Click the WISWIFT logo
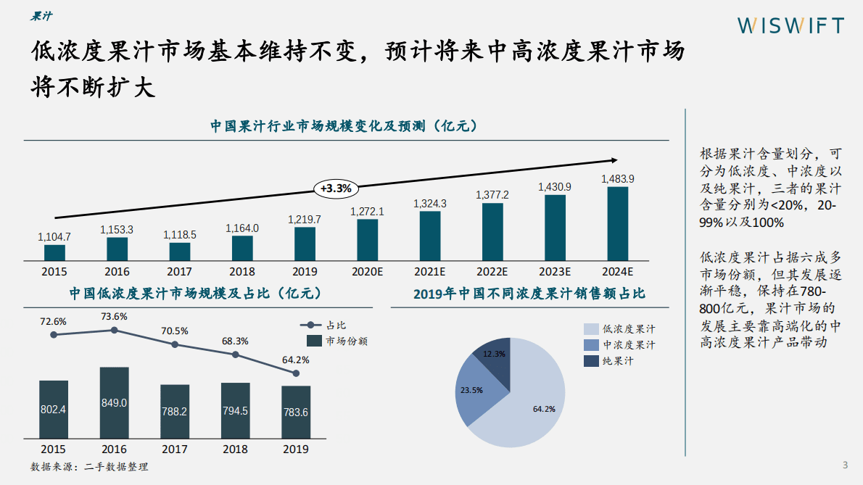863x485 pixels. pyautogui.click(x=790, y=25)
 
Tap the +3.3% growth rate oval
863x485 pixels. pyautogui.click(x=336, y=188)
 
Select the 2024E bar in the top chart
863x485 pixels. pyautogui.click(x=617, y=223)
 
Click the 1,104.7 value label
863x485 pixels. pyautogui.click(x=54, y=236)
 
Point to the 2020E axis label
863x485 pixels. pyautogui.click(x=367, y=272)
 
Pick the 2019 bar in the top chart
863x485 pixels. pyautogui.click(x=305, y=243)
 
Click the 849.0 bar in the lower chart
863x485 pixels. pyautogui.click(x=115, y=402)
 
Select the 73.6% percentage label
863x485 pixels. pyautogui.click(x=115, y=316)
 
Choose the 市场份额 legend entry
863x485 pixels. pyautogui.click(x=336, y=341)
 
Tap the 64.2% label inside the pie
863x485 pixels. pyautogui.click(x=544, y=409)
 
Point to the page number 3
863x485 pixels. pyautogui.click(x=844, y=465)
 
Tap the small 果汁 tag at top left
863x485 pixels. pyautogui.click(x=41, y=16)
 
